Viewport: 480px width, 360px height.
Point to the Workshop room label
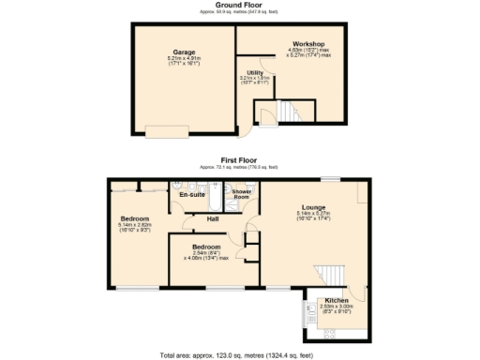307,44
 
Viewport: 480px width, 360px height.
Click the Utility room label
255,71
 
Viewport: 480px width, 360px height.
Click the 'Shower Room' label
241,195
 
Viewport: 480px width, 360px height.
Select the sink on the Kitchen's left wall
312,309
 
